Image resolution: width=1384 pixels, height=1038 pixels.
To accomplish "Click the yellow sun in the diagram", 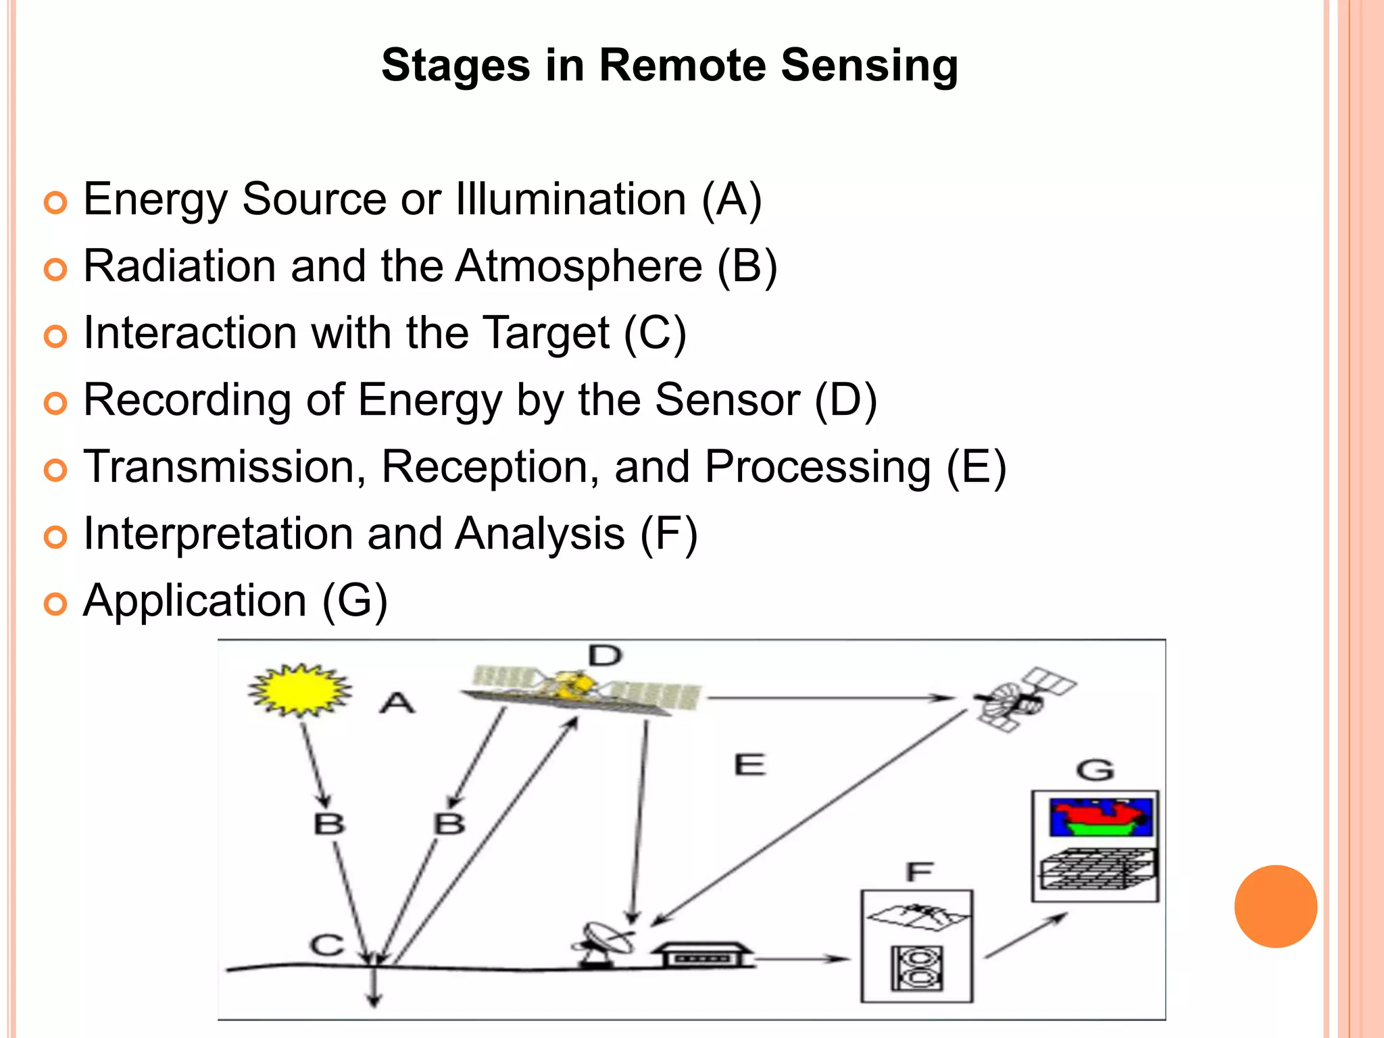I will click(300, 690).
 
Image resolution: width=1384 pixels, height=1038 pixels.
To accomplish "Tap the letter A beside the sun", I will click(397, 703).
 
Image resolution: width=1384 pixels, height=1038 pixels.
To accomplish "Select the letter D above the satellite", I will click(605, 656).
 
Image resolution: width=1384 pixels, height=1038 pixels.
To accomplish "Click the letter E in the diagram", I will click(749, 765).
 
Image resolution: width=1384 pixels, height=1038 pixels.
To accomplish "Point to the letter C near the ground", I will click(327, 944).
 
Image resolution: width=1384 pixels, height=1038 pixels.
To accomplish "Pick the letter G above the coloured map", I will click(1095, 770).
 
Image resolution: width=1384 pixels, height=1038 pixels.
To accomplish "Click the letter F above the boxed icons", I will click(919, 872).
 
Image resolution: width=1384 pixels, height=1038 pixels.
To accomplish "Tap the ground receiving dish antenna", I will click(603, 942).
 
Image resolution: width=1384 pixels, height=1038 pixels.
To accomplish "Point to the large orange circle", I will click(1275, 906).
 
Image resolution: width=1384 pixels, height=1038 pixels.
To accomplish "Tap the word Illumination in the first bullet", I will click(570, 199).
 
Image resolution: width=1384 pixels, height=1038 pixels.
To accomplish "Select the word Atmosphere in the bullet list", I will click(578, 266).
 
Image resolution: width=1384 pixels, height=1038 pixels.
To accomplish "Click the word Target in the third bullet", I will click(547, 333).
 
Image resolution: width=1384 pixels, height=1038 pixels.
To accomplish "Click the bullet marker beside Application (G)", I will click(55, 603).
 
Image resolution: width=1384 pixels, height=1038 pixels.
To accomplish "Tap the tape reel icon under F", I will click(917, 968).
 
